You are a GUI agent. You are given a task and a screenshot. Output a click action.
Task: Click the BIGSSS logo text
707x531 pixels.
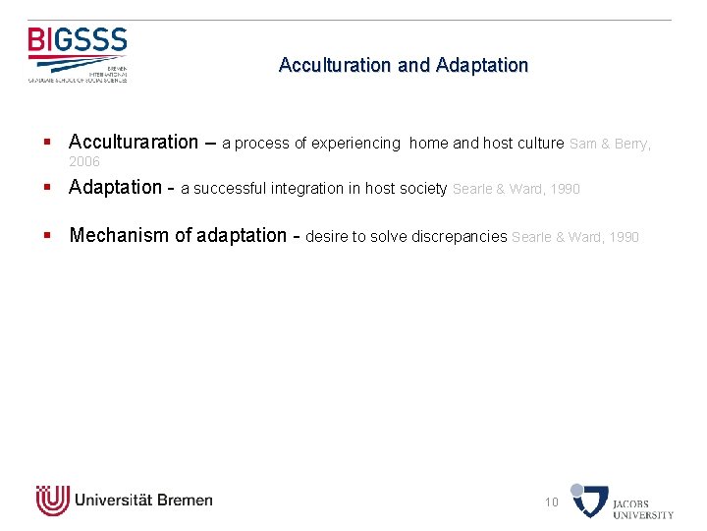pyautogui.click(x=78, y=40)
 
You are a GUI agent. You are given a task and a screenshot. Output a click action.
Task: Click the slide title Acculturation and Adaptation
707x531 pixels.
pyautogui.click(x=403, y=65)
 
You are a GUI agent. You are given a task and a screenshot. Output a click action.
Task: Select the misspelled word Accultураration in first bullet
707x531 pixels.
pyautogui.click(x=134, y=142)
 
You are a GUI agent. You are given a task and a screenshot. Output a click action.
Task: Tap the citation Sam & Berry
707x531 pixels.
pyautogui.click(x=608, y=144)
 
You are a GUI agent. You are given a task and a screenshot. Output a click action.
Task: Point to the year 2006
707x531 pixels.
pyautogui.click(x=84, y=161)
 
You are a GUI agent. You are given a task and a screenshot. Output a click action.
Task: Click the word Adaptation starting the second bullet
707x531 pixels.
pyautogui.click(x=115, y=187)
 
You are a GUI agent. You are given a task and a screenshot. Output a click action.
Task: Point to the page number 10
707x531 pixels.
pyautogui.click(x=552, y=502)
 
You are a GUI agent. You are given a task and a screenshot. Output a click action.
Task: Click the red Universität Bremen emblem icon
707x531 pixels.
pyautogui.click(x=53, y=501)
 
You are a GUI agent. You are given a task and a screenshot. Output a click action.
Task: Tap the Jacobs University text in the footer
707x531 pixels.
pyautogui.click(x=643, y=509)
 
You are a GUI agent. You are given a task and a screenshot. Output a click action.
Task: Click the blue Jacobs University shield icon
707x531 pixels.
pyautogui.click(x=590, y=501)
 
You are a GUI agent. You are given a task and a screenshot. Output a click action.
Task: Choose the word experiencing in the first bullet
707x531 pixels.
pyautogui.click(x=355, y=144)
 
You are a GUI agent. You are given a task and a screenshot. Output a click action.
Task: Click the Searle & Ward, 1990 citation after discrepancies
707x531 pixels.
pyautogui.click(x=575, y=237)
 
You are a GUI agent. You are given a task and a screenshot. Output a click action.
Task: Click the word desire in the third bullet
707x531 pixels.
pyautogui.click(x=327, y=237)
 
